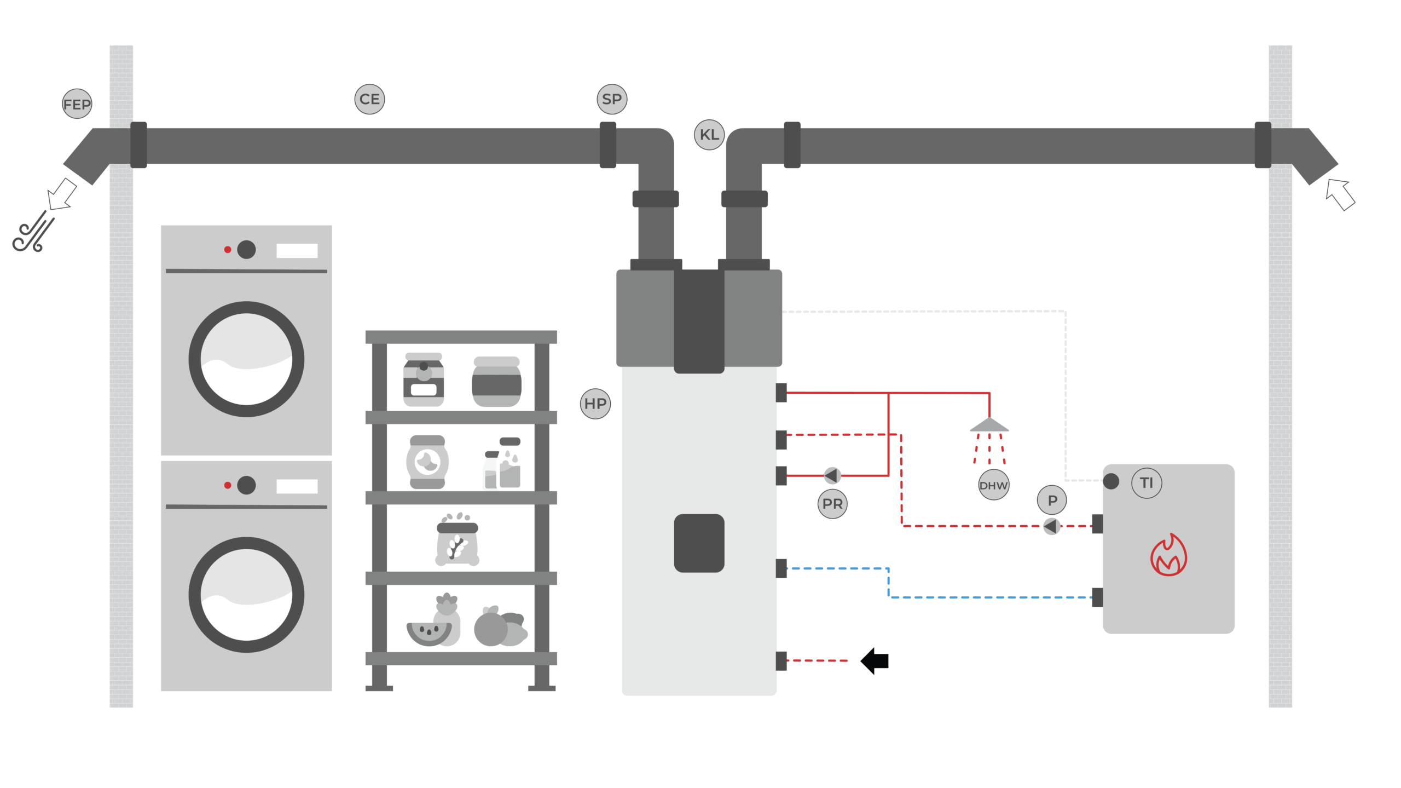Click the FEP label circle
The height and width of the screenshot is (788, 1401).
click(77, 104)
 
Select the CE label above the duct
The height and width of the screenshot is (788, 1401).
click(369, 99)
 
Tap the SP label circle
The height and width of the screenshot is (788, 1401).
click(611, 99)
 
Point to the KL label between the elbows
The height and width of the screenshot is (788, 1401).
click(709, 134)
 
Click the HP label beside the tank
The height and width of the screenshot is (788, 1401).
click(595, 404)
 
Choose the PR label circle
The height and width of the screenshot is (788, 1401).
click(832, 504)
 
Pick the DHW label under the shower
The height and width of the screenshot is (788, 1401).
click(993, 485)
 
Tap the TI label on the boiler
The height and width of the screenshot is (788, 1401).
click(1147, 483)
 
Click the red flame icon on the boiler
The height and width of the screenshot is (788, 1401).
click(1168, 556)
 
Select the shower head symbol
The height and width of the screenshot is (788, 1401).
click(989, 425)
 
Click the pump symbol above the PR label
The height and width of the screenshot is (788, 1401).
click(832, 475)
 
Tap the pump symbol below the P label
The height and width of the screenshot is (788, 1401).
click(1051, 526)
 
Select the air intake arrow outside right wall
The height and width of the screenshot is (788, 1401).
click(1340, 195)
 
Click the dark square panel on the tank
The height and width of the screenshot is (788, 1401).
click(699, 543)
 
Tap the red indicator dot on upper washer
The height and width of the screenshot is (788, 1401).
click(228, 250)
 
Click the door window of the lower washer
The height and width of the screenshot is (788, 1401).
click(246, 595)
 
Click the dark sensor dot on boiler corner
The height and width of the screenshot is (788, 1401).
click(1111, 481)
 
